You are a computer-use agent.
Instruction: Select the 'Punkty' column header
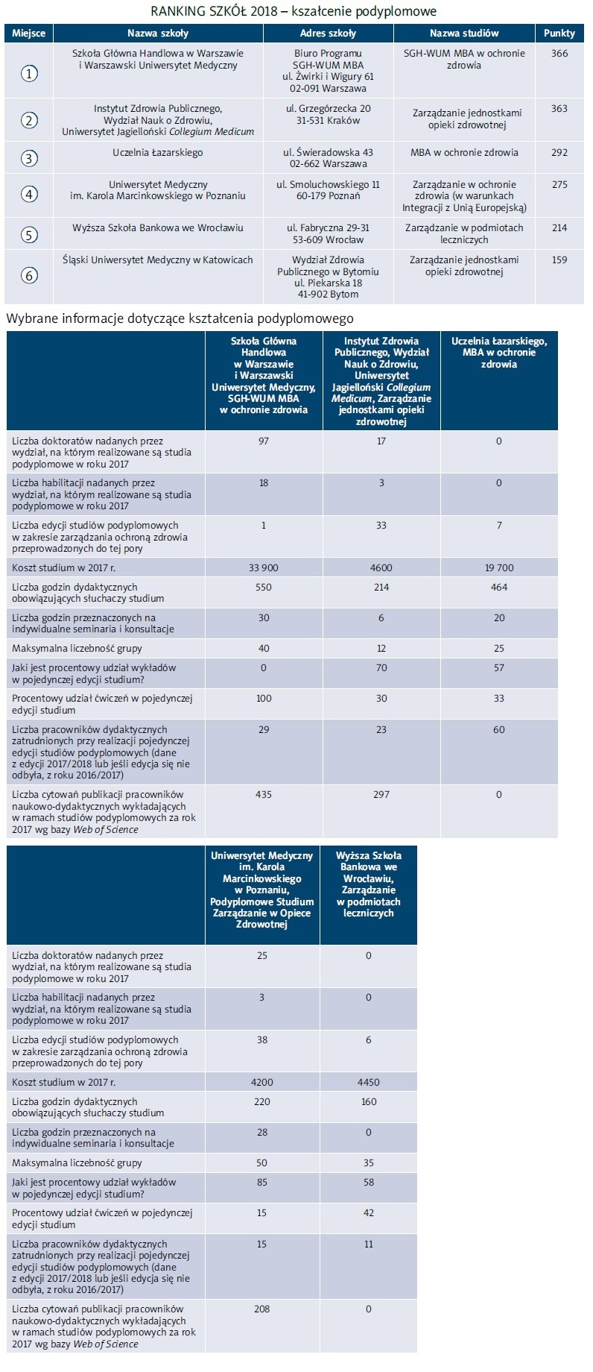559,33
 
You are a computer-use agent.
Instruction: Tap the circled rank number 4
29,195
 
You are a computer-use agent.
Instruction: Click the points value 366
559,54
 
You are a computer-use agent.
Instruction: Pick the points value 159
559,260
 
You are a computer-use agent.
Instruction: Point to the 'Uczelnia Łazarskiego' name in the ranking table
157,153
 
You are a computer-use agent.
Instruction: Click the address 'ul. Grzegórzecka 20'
328,109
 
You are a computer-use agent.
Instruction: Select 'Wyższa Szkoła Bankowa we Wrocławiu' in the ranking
157,228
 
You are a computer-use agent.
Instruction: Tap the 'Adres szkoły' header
328,33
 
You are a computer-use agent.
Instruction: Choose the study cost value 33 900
264,568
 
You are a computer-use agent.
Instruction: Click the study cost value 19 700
499,568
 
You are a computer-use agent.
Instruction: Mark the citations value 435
264,795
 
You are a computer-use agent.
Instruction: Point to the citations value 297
381,795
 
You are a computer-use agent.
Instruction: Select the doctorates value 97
264,441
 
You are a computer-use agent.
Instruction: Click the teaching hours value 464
499,588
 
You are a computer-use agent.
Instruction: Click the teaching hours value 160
369,1102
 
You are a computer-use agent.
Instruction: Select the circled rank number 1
29,73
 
